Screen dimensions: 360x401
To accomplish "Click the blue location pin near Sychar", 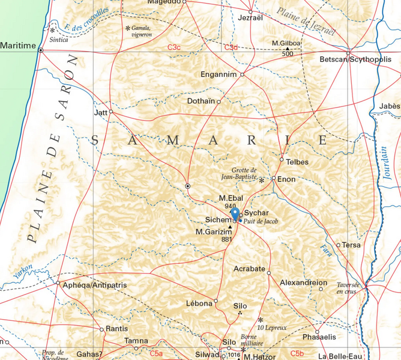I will click(235, 215).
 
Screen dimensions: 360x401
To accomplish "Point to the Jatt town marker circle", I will click(111, 112).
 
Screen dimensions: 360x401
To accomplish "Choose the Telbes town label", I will click(298, 162).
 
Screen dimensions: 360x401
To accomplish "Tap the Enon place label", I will click(286, 178).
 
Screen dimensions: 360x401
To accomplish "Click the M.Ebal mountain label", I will click(230, 198).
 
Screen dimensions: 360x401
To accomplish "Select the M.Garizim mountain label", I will click(213, 231).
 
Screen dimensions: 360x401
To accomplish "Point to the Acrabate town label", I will click(249, 269).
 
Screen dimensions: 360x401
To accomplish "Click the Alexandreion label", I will click(304, 282).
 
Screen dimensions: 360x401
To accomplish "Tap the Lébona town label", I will click(199, 304).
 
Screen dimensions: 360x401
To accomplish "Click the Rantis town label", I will click(116, 329).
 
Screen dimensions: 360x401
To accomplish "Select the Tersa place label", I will click(351, 245).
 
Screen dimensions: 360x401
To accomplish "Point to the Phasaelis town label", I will click(319, 338).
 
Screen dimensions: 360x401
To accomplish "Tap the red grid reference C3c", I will click(174, 47).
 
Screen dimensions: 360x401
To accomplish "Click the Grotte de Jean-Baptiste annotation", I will click(244, 174).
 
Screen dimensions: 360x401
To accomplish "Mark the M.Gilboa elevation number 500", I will click(288, 54).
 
